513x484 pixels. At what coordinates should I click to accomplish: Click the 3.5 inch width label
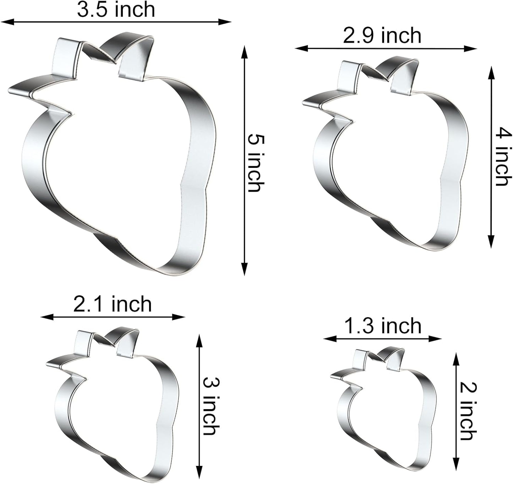pos(116,10)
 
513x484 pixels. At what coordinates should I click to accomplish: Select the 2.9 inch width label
pos(382,36)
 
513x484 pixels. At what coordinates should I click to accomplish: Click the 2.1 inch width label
pos(113,304)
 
